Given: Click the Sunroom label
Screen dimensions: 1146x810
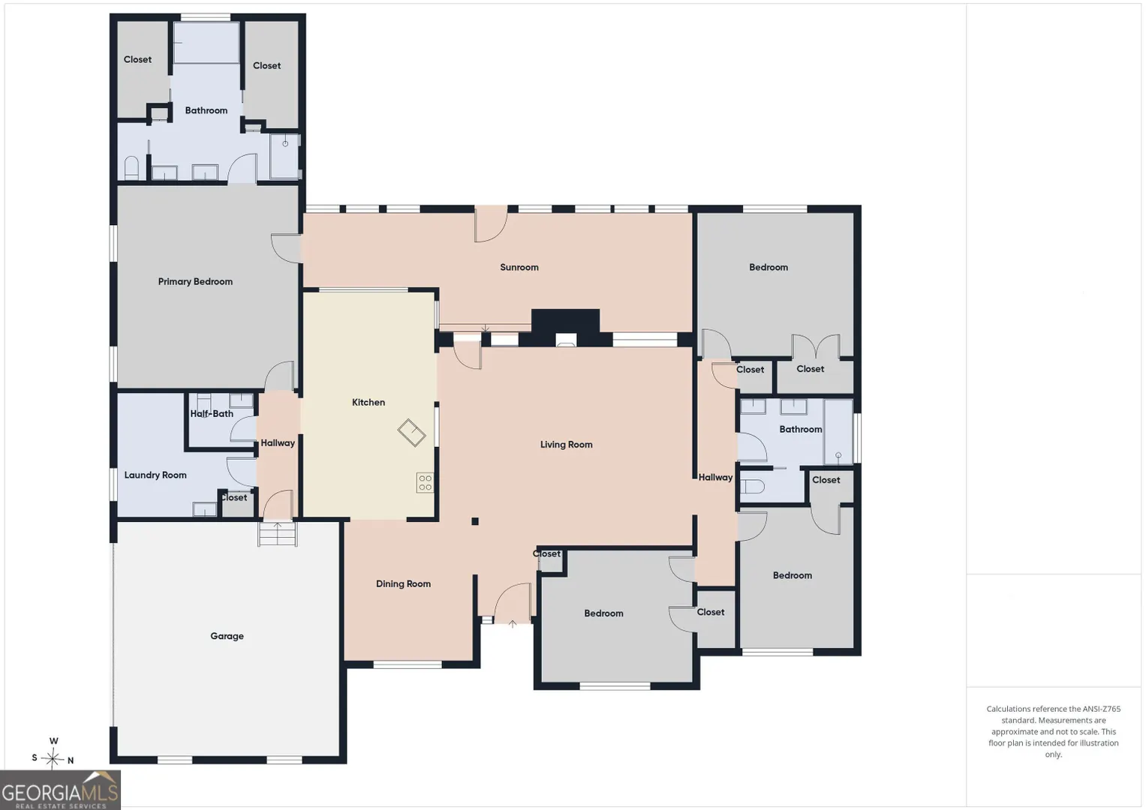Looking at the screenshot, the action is (519, 267).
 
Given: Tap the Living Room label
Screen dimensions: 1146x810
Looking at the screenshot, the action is (567, 444).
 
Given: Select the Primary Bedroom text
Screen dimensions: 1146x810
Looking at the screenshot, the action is (195, 281).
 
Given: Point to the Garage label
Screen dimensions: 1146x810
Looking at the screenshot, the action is (227, 636).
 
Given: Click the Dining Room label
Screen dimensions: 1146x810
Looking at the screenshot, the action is (403, 583).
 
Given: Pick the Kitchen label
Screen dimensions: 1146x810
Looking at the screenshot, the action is (368, 402).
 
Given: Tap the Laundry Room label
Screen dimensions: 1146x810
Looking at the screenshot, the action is (155, 475).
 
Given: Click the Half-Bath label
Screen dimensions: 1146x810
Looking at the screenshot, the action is (212, 413).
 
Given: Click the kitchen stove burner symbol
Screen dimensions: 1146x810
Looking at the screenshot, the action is (425, 482).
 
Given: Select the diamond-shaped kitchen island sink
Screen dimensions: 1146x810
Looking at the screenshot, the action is (412, 433).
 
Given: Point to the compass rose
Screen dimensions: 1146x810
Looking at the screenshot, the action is (53, 757).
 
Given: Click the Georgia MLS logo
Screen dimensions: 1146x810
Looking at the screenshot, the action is (60, 790).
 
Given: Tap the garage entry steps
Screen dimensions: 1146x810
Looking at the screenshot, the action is (277, 534).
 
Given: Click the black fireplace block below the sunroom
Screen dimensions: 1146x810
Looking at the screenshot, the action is (565, 327).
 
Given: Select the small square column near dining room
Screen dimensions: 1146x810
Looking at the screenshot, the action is (475, 521).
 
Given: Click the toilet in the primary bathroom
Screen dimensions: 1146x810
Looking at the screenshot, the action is (131, 168).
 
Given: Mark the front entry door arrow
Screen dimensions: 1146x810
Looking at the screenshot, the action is (512, 624).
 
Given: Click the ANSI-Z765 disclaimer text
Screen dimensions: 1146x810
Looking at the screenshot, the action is (1054, 731).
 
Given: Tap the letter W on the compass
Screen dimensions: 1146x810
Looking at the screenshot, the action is (53, 741).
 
